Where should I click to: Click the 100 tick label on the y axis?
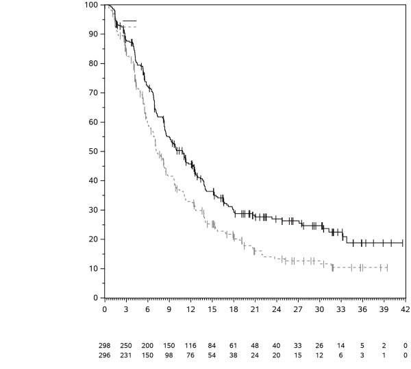91,5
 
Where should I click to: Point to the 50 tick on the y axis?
93,151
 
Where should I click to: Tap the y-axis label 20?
93,239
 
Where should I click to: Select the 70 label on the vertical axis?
93,93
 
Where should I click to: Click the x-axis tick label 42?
404,309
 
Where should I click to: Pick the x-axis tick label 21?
254,309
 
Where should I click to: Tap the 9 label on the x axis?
169,309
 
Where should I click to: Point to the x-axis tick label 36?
362,309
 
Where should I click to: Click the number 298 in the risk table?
105,345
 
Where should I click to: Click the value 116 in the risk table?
190,345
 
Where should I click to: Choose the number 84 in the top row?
212,345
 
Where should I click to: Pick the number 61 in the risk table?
233,345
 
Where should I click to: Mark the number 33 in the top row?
297,345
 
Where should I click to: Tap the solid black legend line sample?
128,21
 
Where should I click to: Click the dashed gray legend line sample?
128,26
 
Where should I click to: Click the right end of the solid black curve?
403,243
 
